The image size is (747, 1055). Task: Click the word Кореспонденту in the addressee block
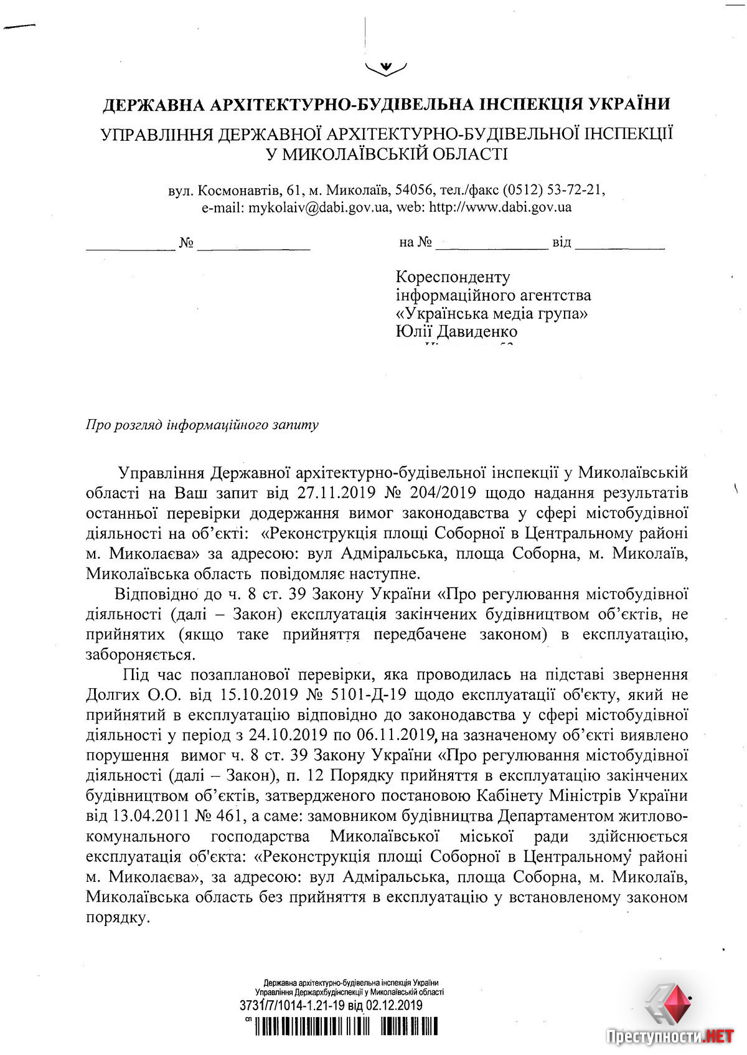click(453, 276)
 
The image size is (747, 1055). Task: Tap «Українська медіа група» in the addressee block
click(492, 313)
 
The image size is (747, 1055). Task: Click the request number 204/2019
click(444, 493)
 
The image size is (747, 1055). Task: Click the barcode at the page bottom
click(345, 1025)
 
